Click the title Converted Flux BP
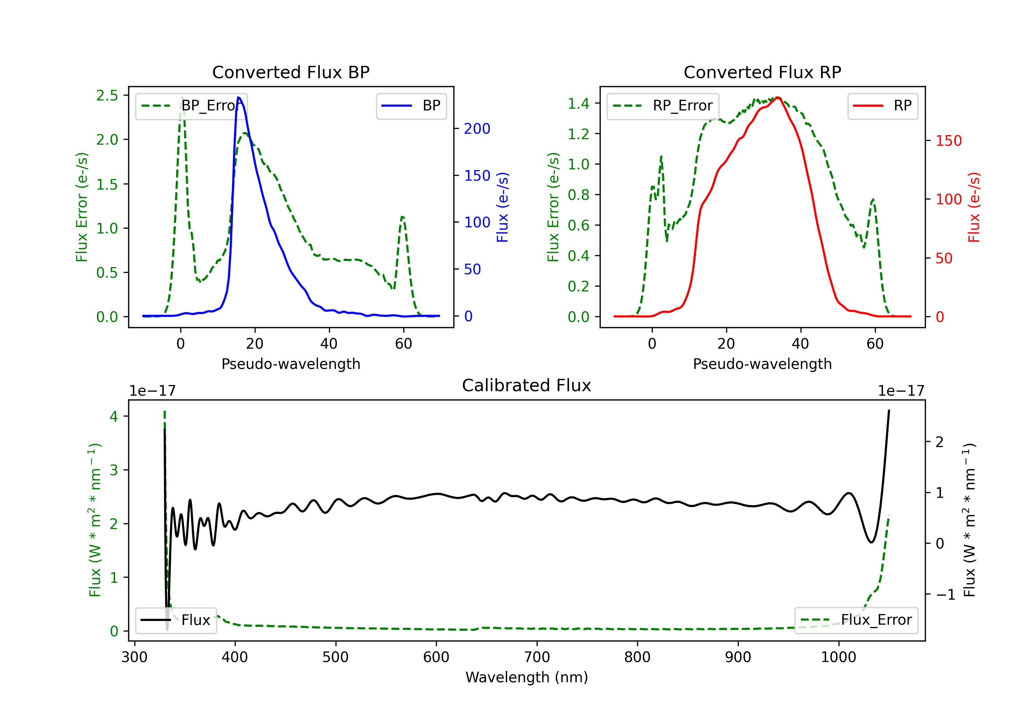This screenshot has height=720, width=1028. (x=291, y=72)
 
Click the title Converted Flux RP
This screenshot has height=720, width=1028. (x=762, y=72)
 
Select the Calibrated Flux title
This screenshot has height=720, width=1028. (x=527, y=385)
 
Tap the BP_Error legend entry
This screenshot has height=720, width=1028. (x=192, y=106)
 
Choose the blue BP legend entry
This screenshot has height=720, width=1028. (x=411, y=106)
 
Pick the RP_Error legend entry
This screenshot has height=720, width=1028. (x=663, y=106)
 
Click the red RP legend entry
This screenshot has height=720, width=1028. (x=882, y=106)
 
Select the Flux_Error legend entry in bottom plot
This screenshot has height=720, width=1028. (x=856, y=620)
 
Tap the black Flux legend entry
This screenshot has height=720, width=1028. (x=175, y=620)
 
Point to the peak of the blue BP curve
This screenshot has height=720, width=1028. (x=238, y=97)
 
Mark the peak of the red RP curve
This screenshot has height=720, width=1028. (x=778, y=97)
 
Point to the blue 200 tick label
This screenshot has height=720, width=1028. (x=477, y=129)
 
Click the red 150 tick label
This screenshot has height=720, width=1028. (x=949, y=141)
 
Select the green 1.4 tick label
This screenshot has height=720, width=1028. (x=578, y=104)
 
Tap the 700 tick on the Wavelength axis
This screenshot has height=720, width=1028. (x=537, y=657)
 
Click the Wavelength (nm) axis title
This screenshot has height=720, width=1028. (x=527, y=677)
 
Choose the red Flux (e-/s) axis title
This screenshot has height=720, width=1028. (x=974, y=207)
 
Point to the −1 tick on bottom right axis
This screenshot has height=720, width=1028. (x=946, y=595)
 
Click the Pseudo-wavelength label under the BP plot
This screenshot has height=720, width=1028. (x=291, y=364)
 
